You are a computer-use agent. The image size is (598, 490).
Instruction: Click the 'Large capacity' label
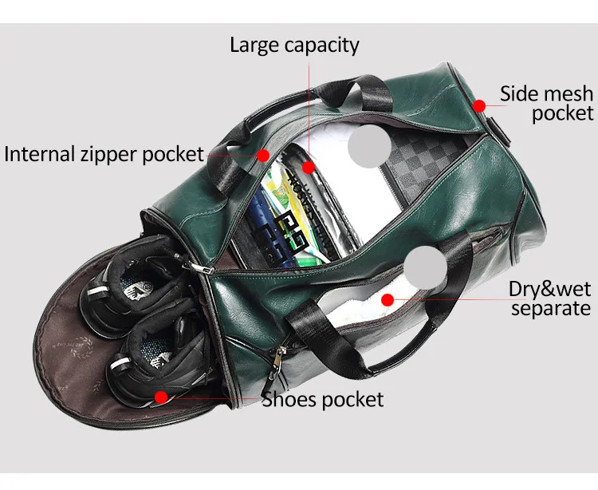tap(294, 45)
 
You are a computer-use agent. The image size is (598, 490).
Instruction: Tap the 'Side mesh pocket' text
tap(546, 103)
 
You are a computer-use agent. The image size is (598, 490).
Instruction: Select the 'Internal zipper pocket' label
tap(104, 153)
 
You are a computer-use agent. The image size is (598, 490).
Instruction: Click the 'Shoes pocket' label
tap(323, 399)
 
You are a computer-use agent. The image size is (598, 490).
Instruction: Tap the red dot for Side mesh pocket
tap(478, 105)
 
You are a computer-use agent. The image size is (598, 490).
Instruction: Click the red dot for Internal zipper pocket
tap(264, 154)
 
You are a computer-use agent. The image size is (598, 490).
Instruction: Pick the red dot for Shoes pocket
tap(160, 396)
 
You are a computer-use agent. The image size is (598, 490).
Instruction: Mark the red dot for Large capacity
tap(309, 168)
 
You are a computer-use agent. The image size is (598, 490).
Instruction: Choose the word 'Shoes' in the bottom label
tap(291, 399)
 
